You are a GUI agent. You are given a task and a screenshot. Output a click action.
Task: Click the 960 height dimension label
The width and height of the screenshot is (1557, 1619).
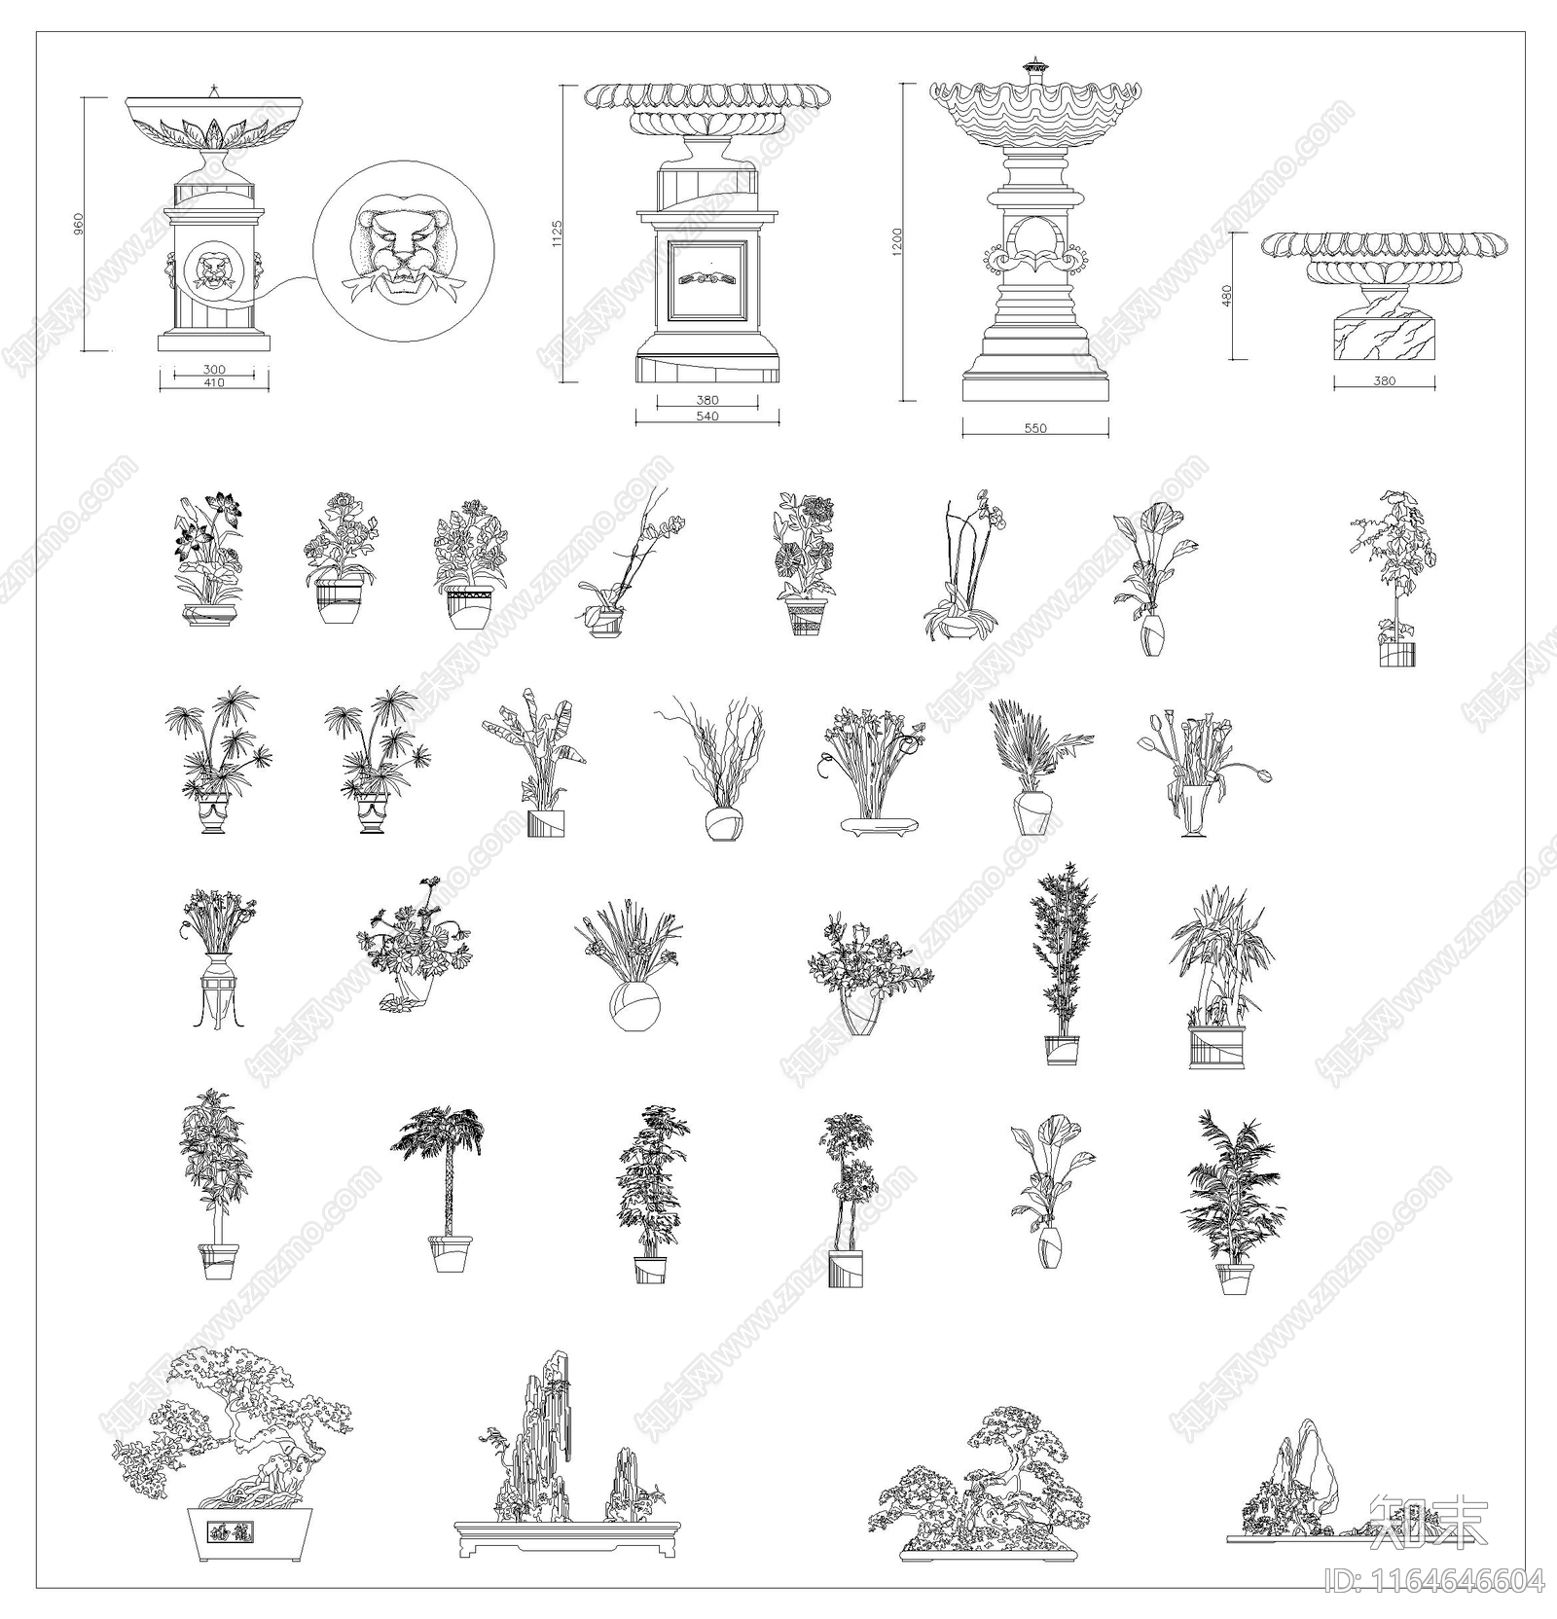coord(79,224)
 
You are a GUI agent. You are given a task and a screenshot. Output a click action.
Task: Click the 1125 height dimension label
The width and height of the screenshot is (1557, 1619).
coord(558,234)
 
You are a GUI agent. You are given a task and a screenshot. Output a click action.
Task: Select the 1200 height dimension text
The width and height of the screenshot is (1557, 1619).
coord(897,241)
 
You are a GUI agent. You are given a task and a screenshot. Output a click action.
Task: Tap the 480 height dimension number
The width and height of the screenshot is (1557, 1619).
coord(1227,296)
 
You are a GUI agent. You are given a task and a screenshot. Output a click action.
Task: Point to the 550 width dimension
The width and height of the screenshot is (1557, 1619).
coord(1035,428)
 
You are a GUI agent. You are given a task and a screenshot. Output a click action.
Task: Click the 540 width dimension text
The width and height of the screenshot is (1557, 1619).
coord(707,416)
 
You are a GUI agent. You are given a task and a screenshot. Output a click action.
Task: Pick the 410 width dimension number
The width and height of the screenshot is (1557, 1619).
coord(214,383)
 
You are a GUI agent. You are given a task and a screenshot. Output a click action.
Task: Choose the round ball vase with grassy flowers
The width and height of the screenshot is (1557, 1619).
coord(634,1007)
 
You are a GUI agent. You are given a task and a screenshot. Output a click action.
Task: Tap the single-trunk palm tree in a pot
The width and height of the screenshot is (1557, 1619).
coord(447,1187)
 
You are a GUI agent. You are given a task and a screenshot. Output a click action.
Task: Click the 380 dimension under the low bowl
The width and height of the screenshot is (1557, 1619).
coord(1384,381)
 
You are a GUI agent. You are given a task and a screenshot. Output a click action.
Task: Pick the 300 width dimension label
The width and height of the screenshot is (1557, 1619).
coord(214,370)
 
